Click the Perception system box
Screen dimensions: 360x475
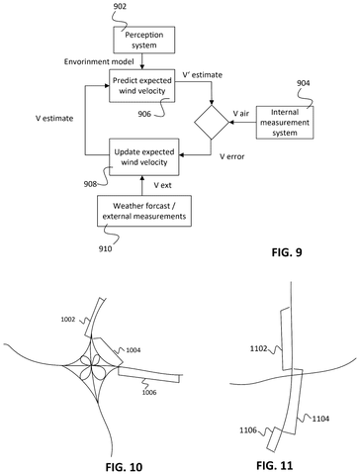(144, 40)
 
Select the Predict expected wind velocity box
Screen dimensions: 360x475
(142, 86)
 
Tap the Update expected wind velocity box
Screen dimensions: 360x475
(144, 157)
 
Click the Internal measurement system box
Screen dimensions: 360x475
(285, 123)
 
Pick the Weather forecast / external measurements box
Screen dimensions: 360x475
(144, 211)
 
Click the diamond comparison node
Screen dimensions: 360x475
(212, 123)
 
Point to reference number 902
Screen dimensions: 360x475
(120, 6)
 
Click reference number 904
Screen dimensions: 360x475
(304, 83)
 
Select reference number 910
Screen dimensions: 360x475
(105, 248)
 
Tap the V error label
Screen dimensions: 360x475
(232, 156)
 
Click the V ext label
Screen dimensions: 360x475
(162, 185)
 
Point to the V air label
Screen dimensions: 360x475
(241, 114)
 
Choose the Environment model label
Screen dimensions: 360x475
(99, 61)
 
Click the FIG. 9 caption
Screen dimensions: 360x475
(287, 252)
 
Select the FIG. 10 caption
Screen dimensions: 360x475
(124, 467)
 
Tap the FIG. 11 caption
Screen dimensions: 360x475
(274, 465)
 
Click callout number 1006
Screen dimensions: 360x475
(149, 392)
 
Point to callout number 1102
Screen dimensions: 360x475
(258, 348)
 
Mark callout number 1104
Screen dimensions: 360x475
(320, 419)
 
